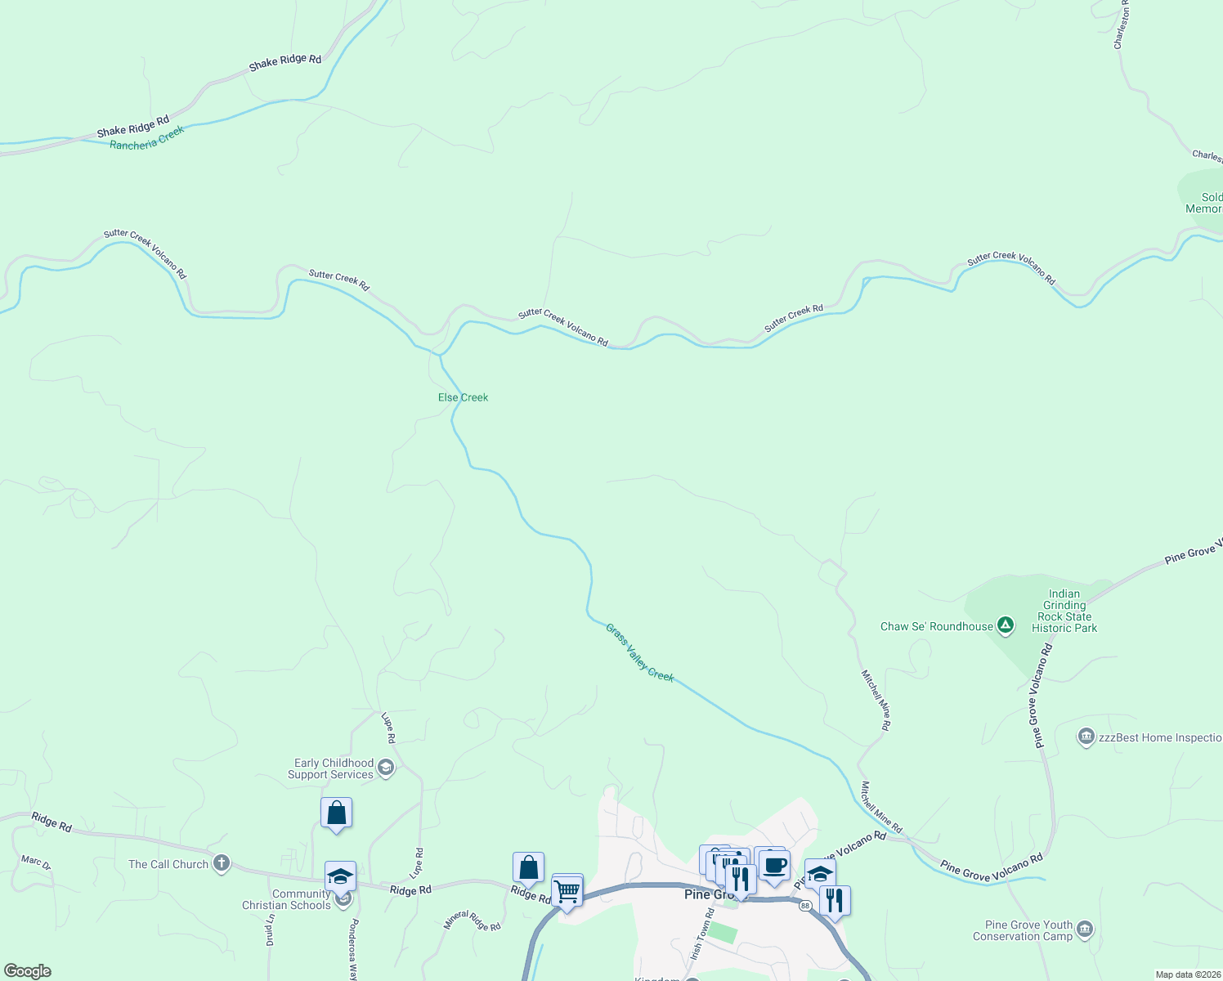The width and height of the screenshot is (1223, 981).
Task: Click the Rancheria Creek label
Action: [x=147, y=138]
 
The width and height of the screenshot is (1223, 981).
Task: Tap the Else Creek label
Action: [x=463, y=397]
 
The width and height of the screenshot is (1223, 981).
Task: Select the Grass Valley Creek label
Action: [x=639, y=652]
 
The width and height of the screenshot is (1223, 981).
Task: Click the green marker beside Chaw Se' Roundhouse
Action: [x=1006, y=626]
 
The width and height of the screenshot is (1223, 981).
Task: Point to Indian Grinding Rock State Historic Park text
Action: [x=1064, y=611]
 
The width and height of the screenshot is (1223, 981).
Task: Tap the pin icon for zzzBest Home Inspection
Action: [x=1086, y=737]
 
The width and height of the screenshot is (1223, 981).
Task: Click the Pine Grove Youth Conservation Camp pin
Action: [x=1085, y=929]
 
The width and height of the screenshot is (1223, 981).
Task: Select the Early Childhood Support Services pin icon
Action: [x=386, y=768]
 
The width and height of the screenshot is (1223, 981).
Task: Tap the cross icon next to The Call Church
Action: [x=221, y=864]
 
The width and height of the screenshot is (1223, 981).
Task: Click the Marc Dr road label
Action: [x=35, y=862]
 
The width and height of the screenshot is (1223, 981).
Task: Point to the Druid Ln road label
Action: [x=270, y=929]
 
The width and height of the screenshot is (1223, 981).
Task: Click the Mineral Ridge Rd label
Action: [x=472, y=921]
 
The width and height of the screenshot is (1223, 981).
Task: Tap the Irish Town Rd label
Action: [x=701, y=934]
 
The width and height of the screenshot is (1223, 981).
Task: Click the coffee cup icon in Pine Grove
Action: [x=774, y=866]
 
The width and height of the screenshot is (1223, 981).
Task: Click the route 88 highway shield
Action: [x=805, y=905]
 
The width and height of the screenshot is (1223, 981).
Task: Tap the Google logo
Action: [x=28, y=971]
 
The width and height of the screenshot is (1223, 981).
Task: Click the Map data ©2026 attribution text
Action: [x=1188, y=974]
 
